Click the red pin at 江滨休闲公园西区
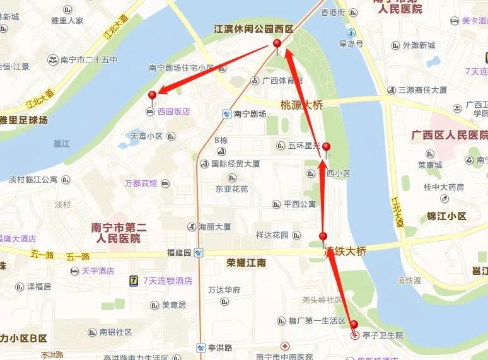[277, 44]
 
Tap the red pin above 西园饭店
[152, 95]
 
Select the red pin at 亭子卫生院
[354, 325]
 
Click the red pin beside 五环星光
[326, 147]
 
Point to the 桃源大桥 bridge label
[302, 104]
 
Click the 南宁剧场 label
[250, 114]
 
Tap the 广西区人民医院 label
[449, 135]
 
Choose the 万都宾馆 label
[141, 183]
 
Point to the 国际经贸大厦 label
[235, 164]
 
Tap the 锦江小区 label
[446, 216]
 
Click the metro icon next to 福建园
[199, 253]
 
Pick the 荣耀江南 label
[247, 262]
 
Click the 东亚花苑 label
[231, 189]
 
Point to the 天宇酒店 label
[98, 271]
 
